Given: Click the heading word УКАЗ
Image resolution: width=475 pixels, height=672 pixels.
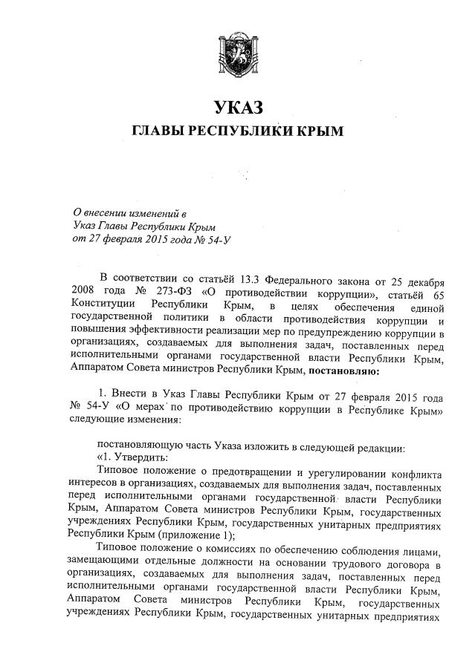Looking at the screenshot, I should (238, 108).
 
